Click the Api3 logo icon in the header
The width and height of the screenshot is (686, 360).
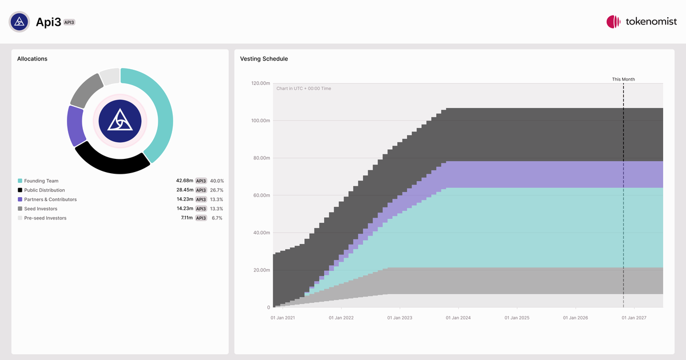(19, 22)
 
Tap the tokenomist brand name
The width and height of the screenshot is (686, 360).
(651, 22)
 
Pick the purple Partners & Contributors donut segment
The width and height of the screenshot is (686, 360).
(75, 126)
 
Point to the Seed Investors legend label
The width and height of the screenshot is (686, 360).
(41, 209)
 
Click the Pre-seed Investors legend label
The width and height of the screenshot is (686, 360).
(45, 218)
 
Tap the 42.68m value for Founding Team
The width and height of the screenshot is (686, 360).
(185, 181)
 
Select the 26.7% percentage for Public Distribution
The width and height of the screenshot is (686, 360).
(217, 190)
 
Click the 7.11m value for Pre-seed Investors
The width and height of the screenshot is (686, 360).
(187, 218)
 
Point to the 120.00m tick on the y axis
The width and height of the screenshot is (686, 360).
(261, 83)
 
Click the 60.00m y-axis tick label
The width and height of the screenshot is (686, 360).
(262, 195)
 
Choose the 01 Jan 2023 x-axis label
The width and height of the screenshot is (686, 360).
(400, 318)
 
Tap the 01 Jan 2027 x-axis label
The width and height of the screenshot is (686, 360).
(634, 318)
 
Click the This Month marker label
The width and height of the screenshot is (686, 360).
(624, 79)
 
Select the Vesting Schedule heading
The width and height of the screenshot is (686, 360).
(264, 59)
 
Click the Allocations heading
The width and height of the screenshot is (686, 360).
(32, 59)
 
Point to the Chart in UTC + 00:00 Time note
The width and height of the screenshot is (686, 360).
(304, 89)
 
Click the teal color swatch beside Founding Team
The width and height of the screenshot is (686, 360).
(20, 181)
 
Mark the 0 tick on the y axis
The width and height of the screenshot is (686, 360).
(269, 307)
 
